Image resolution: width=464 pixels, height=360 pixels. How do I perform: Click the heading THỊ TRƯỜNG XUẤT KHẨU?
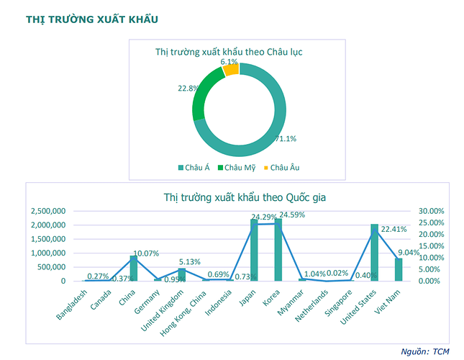pyautogui.click(x=92, y=18)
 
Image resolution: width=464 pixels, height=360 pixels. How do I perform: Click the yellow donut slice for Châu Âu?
pyautogui.click(x=230, y=69)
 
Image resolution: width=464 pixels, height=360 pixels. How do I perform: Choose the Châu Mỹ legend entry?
pyautogui.click(x=239, y=168)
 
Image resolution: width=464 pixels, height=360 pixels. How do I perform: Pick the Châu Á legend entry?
pyautogui.click(x=195, y=168)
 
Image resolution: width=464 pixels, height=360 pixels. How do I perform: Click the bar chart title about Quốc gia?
pyautogui.click(x=235, y=197)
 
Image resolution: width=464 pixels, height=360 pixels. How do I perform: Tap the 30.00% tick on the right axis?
pyautogui.click(x=434, y=211)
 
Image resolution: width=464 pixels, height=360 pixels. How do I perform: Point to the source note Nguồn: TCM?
pyautogui.click(x=426, y=351)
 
